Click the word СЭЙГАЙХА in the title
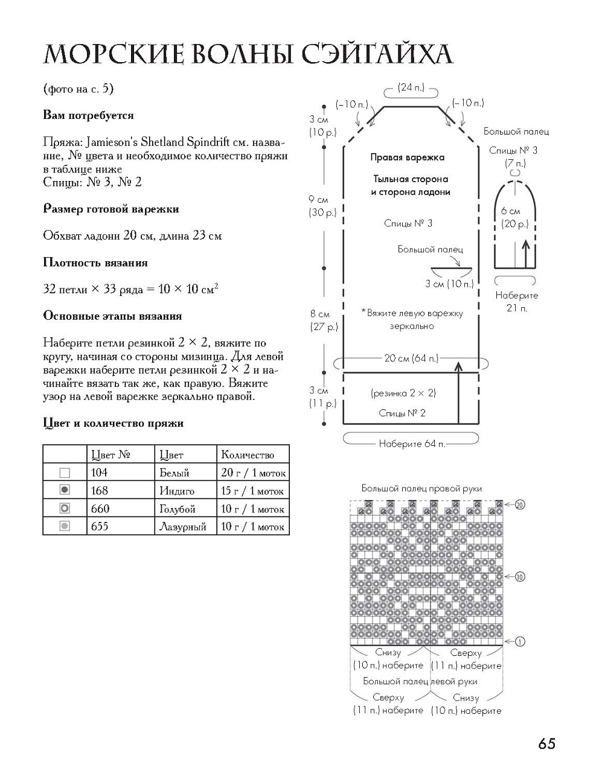point(369,54)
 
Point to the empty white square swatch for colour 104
point(65,472)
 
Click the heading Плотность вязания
point(95,262)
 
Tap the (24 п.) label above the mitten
point(412,87)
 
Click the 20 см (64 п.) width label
point(411,358)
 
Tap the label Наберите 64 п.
point(412,444)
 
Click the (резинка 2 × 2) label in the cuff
point(403,393)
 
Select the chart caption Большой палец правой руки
point(421,488)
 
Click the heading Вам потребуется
point(88,115)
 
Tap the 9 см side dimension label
point(318,199)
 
